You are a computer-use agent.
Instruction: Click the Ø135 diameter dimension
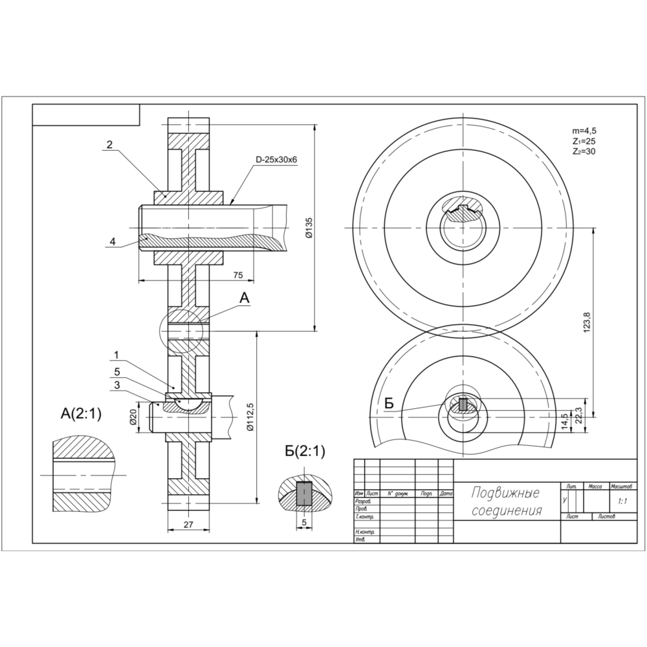click(x=309, y=228)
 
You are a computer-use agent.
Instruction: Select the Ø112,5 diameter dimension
click(x=250, y=418)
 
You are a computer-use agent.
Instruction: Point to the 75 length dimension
click(x=237, y=275)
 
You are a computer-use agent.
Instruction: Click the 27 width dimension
click(x=188, y=525)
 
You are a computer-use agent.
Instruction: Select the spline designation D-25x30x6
click(x=276, y=159)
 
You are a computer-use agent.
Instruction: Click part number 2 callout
click(x=109, y=145)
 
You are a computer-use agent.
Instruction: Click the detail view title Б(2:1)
click(x=305, y=452)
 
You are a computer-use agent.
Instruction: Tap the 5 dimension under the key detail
click(x=303, y=521)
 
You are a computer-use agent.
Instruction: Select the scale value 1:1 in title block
click(x=622, y=501)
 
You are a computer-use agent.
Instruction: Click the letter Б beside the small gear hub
click(x=389, y=404)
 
